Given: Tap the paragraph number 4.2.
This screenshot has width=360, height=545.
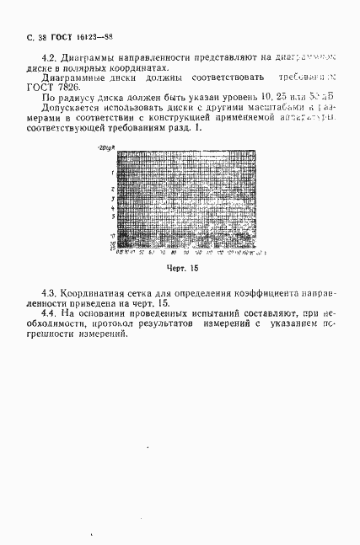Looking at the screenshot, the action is pyautogui.click(x=36, y=58).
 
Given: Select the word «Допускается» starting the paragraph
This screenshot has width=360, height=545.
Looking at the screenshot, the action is pyautogui.click(x=63, y=110).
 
